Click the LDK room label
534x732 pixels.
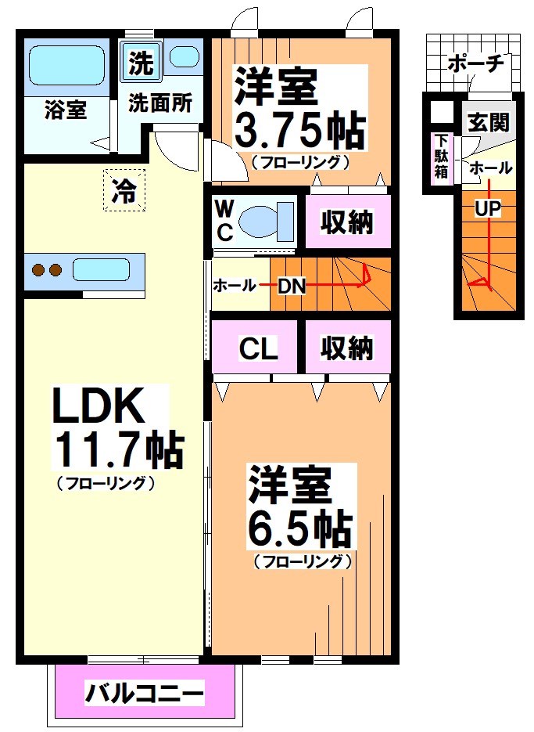pyautogui.click(x=98, y=406)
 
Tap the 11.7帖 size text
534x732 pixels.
pyautogui.click(x=117, y=449)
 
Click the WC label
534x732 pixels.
pyautogui.click(x=224, y=220)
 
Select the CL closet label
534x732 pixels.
pyautogui.click(x=258, y=348)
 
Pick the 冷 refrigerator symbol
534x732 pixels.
pyautogui.click(x=124, y=190)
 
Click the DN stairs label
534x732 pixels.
pyautogui.click(x=292, y=286)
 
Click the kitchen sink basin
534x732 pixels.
pyautogui.click(x=106, y=271)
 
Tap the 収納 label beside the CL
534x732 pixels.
pyautogui.click(x=347, y=348)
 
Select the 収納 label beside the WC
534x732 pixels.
pyautogui.click(x=346, y=222)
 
